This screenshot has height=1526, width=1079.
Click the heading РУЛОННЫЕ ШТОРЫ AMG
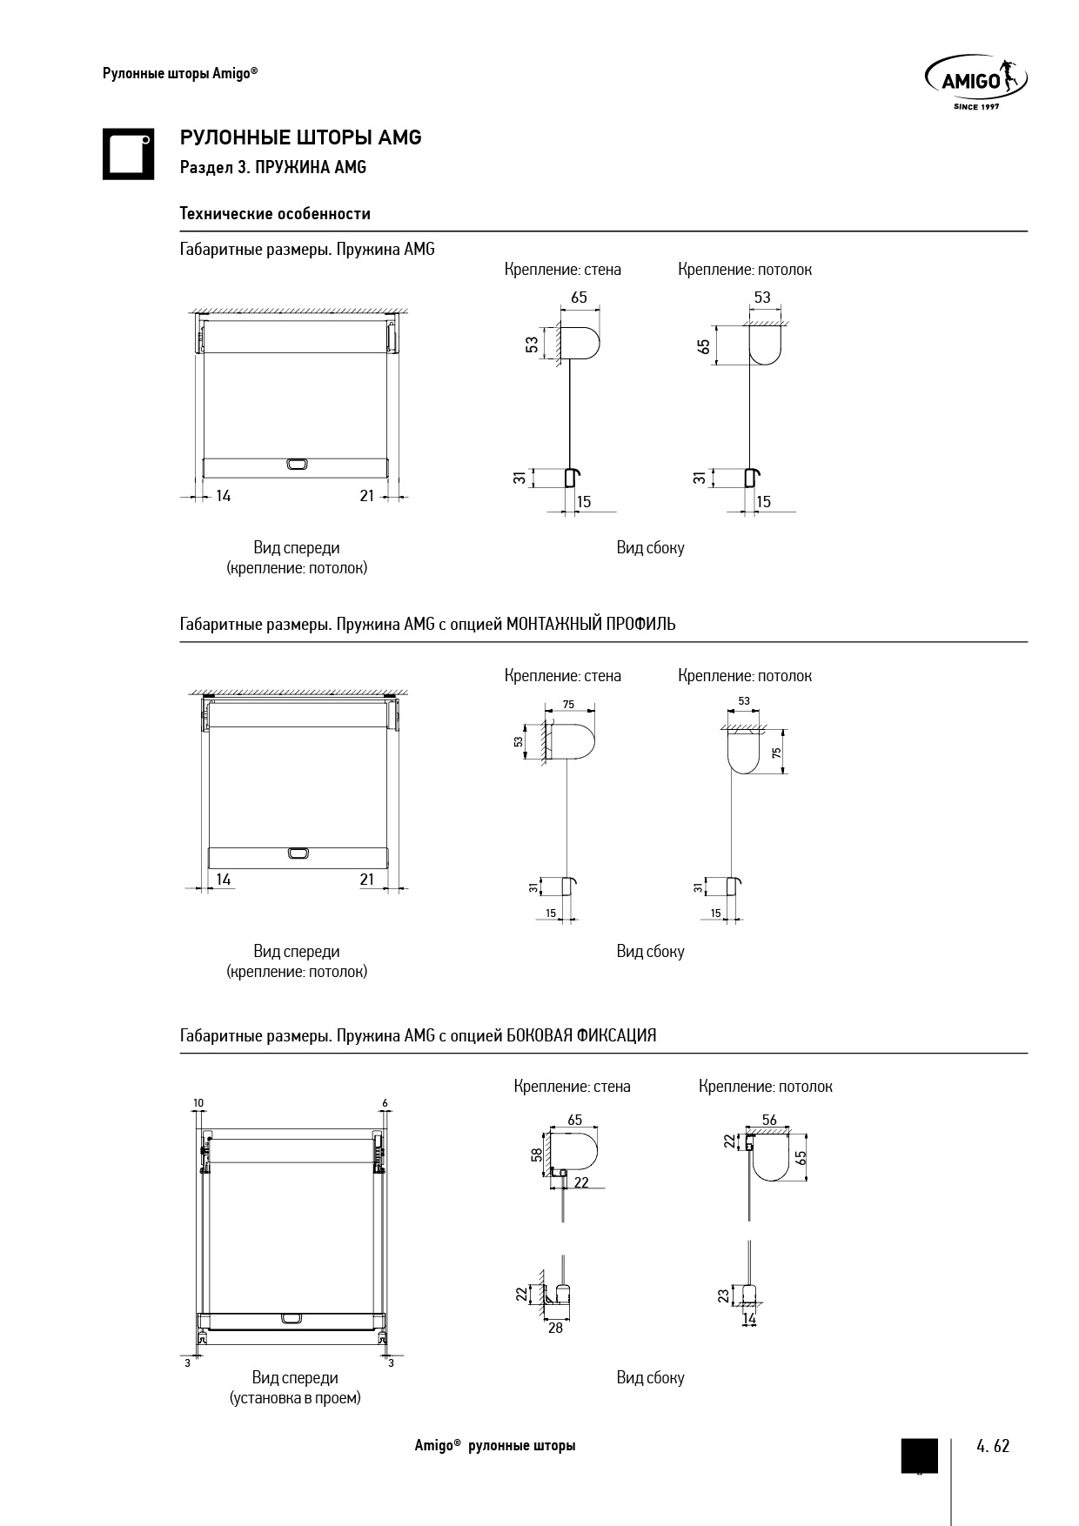[300, 137]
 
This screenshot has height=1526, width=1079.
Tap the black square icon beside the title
[128, 155]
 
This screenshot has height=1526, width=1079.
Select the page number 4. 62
[993, 1446]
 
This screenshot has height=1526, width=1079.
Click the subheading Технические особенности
[275, 214]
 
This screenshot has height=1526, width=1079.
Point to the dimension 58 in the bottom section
[537, 1155]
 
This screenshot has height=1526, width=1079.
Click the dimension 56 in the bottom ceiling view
[769, 1120]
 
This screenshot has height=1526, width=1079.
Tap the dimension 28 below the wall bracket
[555, 1328]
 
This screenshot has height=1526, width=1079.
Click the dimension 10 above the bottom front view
[198, 1103]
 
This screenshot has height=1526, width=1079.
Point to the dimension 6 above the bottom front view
[385, 1103]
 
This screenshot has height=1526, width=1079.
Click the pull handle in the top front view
[297, 465]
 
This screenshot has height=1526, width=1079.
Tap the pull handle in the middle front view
[298, 853]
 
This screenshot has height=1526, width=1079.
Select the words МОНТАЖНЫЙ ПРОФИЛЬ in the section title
[591, 625]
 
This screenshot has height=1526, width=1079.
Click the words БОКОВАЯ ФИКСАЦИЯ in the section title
[581, 1036]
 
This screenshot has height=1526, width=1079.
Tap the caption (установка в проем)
[295, 1398]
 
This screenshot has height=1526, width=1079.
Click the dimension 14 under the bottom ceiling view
[749, 1320]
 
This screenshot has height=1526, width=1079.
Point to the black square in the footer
[919, 1456]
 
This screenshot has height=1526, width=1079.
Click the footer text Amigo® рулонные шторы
[494, 1446]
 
